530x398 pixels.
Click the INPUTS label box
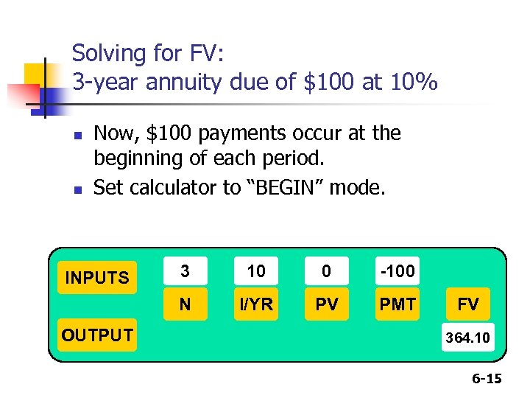point(97,278)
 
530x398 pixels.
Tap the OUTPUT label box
point(97,335)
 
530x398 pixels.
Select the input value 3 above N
point(185,271)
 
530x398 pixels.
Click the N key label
point(185,304)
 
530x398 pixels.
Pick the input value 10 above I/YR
point(255,271)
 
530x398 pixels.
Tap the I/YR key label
point(255,304)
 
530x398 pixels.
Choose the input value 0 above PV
point(326,271)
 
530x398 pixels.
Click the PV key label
point(326,304)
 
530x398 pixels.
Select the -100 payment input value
point(397,271)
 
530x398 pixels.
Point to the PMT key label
point(397,304)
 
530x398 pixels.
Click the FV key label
point(468,304)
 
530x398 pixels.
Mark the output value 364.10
point(468,337)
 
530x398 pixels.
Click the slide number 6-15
point(487,379)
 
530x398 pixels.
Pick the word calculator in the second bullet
point(172,188)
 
